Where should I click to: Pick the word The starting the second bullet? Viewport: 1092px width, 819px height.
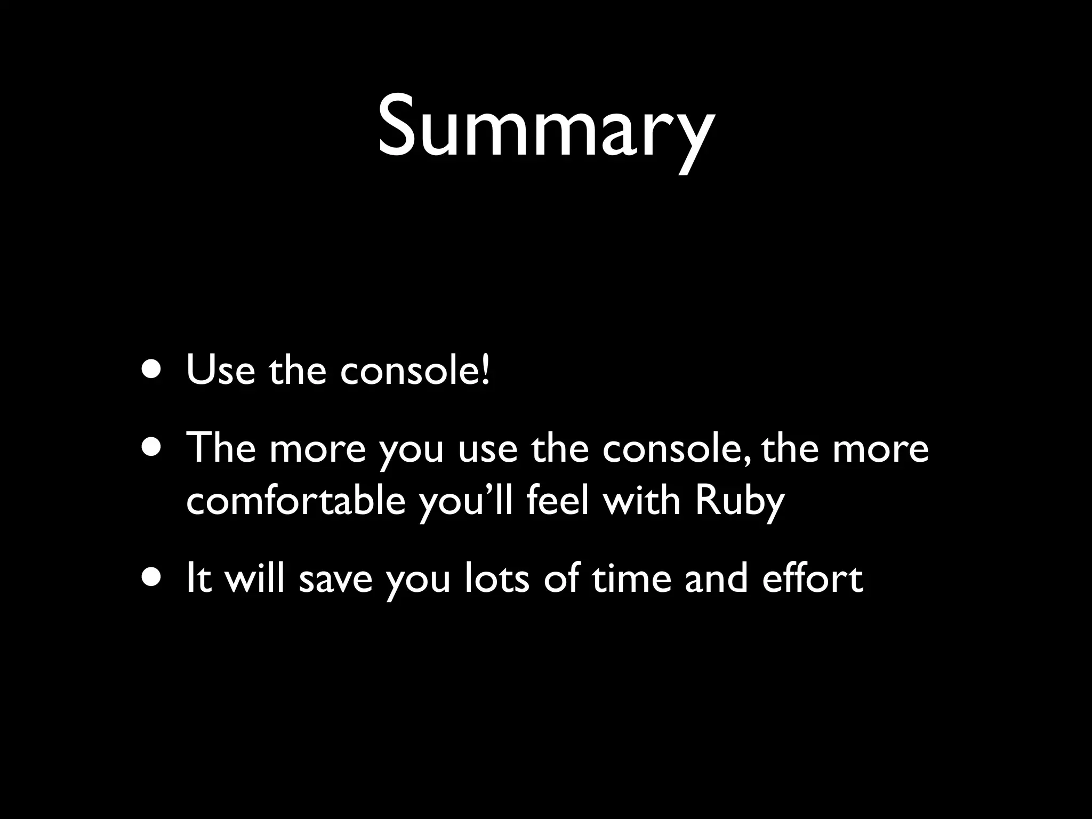220,448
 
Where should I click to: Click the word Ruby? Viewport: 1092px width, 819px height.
740,502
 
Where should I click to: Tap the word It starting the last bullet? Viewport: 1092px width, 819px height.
198,579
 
